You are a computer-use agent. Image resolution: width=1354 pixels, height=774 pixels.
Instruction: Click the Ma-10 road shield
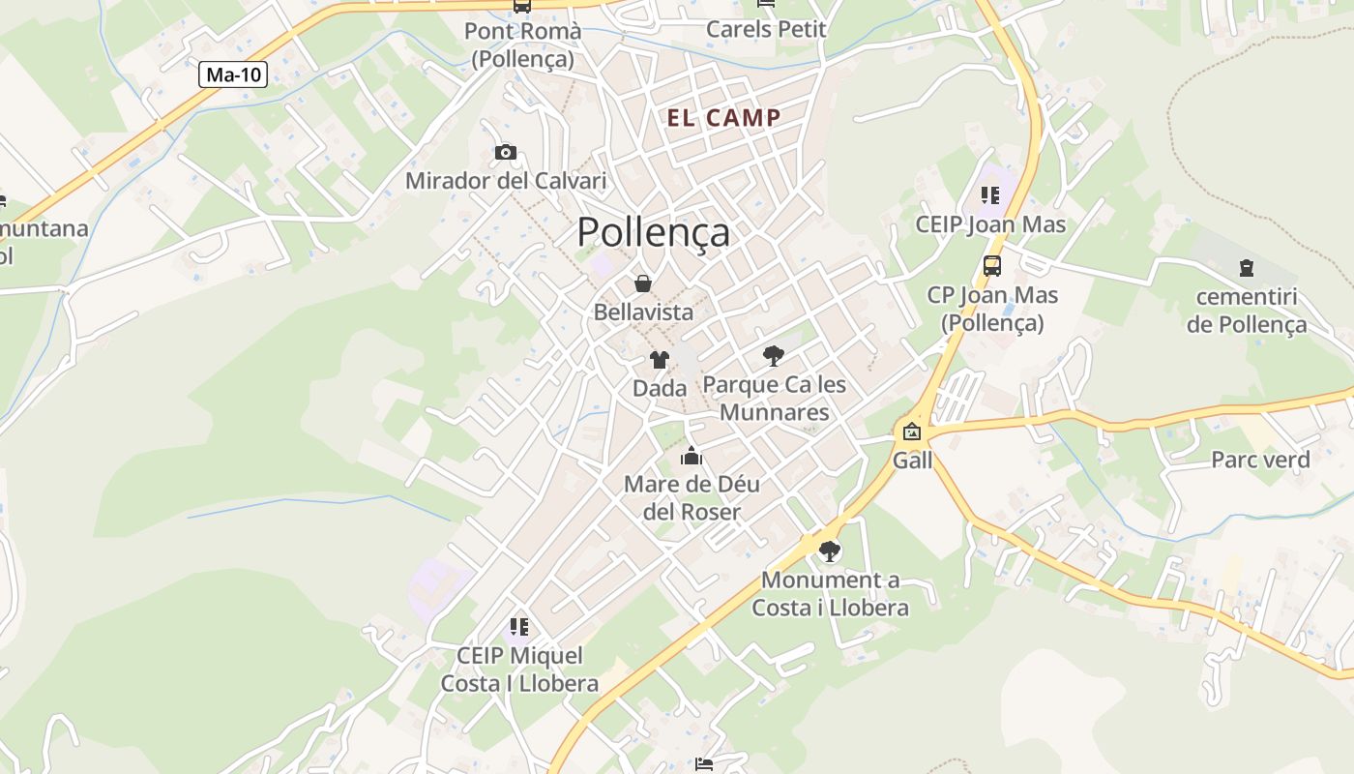233,74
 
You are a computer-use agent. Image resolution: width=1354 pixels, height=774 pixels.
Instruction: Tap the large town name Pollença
654,233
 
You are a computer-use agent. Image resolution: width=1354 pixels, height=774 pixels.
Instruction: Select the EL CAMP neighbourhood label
724,118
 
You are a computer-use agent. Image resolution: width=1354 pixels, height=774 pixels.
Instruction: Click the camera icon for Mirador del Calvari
505,152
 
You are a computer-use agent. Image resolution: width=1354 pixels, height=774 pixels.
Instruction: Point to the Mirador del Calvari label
506,181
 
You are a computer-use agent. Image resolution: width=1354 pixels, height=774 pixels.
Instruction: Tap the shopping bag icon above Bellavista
643,283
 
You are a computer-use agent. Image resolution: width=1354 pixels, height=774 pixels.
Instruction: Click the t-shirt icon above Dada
660,360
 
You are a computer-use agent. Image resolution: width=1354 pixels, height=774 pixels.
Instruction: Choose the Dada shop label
660,388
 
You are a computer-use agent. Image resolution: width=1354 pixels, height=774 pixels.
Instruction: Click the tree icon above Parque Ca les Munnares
773,356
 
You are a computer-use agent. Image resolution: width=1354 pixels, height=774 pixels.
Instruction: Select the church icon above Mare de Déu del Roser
692,456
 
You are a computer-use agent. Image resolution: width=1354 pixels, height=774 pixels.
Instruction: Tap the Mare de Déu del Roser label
692,497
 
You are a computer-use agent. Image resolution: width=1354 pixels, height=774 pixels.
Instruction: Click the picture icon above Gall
912,432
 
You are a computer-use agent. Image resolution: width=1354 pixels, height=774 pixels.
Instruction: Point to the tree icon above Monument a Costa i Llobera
829,551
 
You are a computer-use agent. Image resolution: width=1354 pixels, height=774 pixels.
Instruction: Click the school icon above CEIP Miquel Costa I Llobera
519,627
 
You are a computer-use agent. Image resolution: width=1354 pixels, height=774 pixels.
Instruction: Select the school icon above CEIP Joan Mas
990,195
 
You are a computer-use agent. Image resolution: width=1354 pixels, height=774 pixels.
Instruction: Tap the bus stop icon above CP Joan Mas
992,265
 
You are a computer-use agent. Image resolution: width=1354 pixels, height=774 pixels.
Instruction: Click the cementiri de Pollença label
1247,311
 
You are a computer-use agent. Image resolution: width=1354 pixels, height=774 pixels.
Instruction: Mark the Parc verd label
1260,460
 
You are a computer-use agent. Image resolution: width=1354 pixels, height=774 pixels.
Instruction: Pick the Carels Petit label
766,29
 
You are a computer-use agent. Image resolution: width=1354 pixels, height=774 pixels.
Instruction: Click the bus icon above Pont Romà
522,6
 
